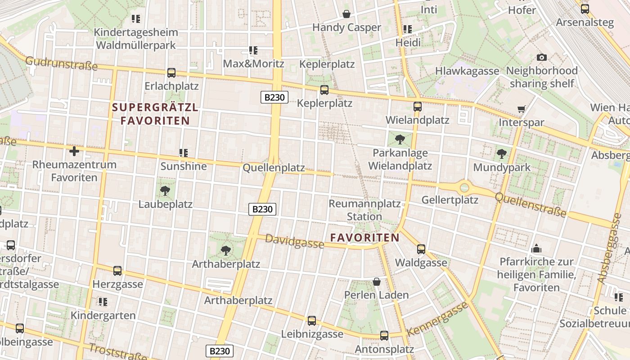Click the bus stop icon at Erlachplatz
171,72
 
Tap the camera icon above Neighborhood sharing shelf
542,57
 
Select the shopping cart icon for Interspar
522,109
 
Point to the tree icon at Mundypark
502,154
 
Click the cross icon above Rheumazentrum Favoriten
74,151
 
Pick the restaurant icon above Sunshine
184,153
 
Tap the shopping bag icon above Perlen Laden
377,282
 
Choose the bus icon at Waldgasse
421,249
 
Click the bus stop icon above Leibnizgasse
312,321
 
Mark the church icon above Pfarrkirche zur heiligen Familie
536,248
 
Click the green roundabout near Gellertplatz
464,187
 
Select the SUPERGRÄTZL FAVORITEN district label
155,114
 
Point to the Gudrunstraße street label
61,63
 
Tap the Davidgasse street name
294,241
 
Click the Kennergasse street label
437,319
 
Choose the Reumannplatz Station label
364,210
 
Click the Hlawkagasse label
467,71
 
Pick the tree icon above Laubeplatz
165,191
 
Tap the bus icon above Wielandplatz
418,107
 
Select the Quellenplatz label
274,168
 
